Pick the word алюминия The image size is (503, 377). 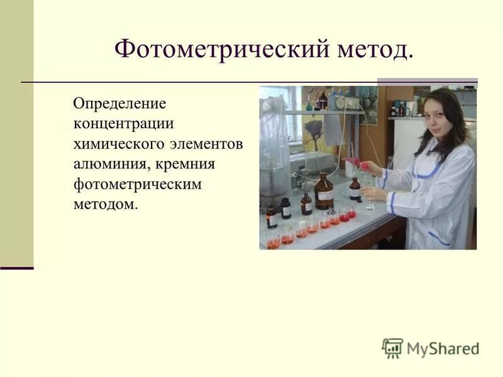click(107, 164)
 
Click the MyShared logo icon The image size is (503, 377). click(392, 348)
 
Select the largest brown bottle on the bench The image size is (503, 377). click(324, 192)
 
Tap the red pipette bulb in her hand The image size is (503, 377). click(363, 164)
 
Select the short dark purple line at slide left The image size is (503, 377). click(16, 268)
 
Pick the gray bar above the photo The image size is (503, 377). click(427, 81)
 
